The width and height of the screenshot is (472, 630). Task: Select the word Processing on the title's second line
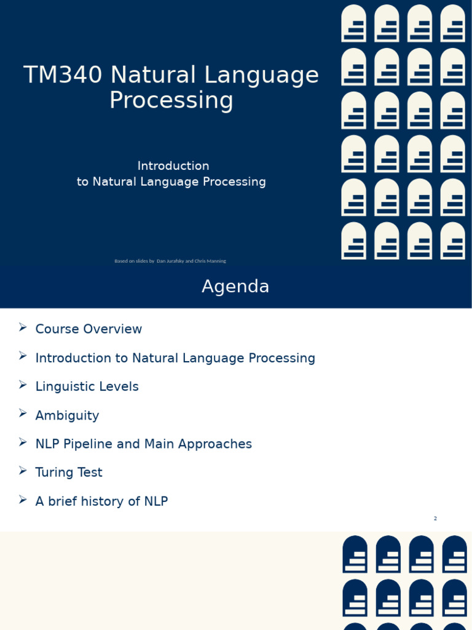(x=171, y=100)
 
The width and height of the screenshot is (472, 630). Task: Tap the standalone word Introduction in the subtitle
(x=173, y=165)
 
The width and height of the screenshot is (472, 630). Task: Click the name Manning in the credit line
(x=215, y=261)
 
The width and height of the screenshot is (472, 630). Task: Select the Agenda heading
(x=235, y=287)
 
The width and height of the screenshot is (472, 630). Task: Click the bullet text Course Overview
(x=88, y=329)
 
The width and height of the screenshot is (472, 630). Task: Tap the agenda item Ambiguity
(x=67, y=415)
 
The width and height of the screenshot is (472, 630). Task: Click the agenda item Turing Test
(x=69, y=472)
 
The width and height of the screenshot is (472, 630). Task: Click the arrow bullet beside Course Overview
(x=23, y=327)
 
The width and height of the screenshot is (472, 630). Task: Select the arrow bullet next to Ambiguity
(x=23, y=413)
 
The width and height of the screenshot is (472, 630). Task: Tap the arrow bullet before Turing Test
(x=23, y=471)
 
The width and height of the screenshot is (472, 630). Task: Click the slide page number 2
(x=435, y=519)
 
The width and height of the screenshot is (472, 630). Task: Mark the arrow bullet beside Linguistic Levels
(x=23, y=385)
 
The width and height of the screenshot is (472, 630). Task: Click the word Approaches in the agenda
(x=219, y=444)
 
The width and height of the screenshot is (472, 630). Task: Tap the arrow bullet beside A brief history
(x=23, y=500)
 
